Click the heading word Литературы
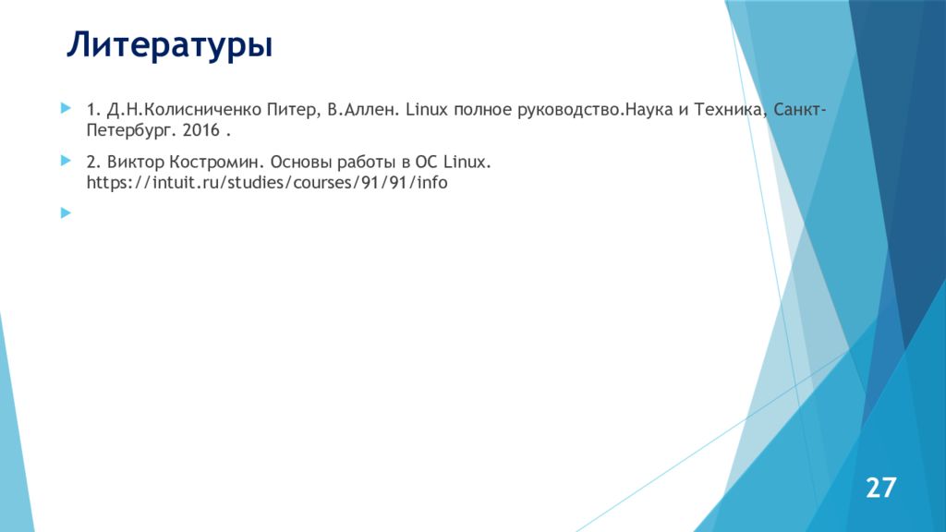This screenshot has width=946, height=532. click(169, 45)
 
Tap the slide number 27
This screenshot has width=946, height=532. click(880, 487)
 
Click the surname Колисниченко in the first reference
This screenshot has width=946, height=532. click(197, 111)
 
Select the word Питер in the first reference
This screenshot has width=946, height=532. click(291, 111)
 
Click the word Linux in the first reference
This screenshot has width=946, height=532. click(427, 111)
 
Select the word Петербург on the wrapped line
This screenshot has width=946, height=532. click(129, 130)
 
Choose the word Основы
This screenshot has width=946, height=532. click(301, 163)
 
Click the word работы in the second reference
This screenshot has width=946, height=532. click(371, 163)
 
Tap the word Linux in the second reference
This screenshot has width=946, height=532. click(470, 163)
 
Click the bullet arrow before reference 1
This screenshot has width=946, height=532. click(65, 109)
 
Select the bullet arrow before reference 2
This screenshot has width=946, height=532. click(65, 161)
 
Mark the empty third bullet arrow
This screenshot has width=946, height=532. click(65, 212)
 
